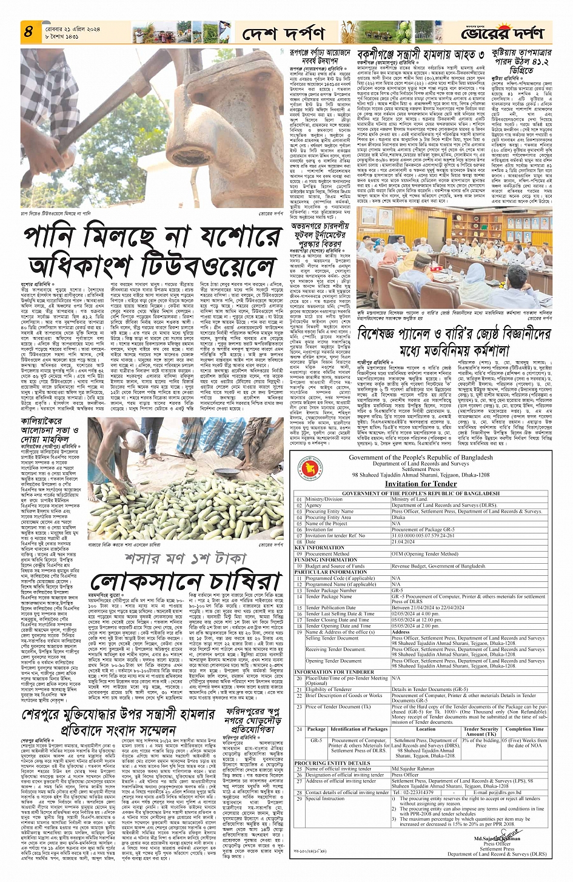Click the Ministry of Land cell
[410, 499]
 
